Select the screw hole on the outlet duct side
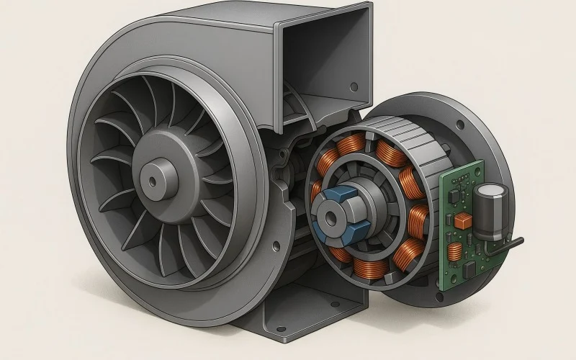353,87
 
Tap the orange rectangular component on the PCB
465,219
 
